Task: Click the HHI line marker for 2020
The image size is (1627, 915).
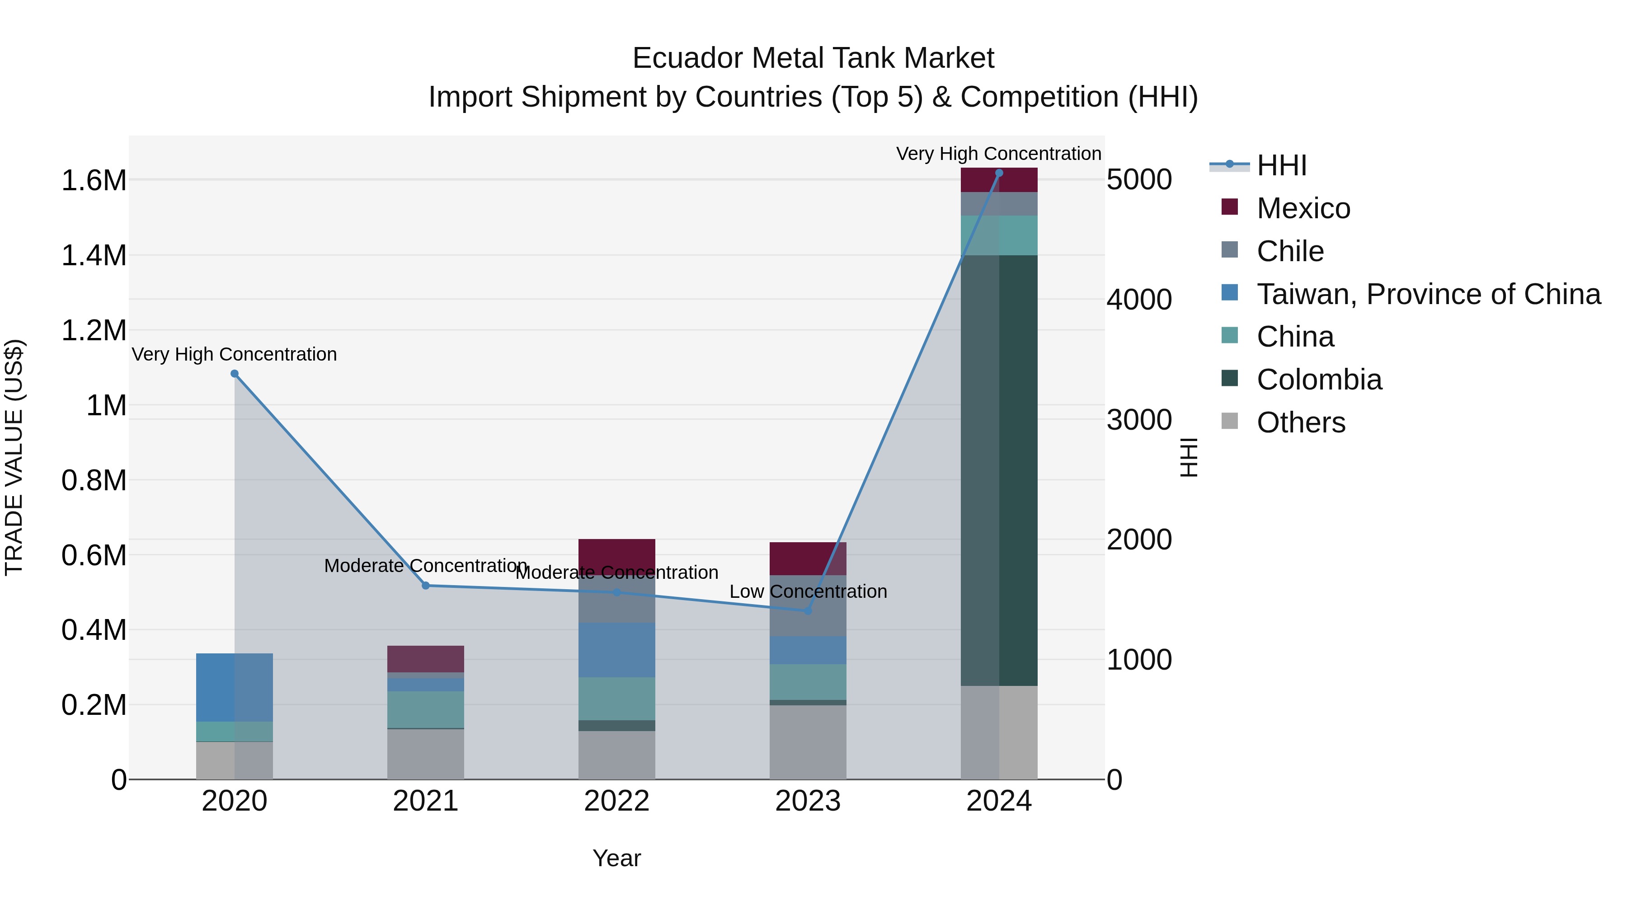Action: pos(234,374)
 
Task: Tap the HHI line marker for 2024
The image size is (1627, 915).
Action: pos(998,173)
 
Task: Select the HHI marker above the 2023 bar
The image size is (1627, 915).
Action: pos(807,610)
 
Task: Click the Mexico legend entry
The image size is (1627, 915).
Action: pos(1303,208)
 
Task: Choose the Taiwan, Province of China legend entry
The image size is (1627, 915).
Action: pos(1428,294)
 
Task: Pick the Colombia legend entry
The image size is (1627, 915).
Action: pos(1319,380)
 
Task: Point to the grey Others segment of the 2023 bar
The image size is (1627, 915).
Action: pos(807,742)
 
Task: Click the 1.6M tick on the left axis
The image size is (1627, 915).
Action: pos(94,181)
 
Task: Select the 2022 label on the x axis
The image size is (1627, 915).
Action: pos(616,801)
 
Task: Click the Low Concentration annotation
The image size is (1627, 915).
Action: pos(808,591)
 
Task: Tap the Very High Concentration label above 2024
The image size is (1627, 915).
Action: pos(998,154)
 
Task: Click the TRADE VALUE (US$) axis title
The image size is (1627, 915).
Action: pos(14,457)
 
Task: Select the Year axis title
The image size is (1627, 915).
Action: pos(616,858)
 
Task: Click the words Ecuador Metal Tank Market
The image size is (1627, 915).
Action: pos(813,58)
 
